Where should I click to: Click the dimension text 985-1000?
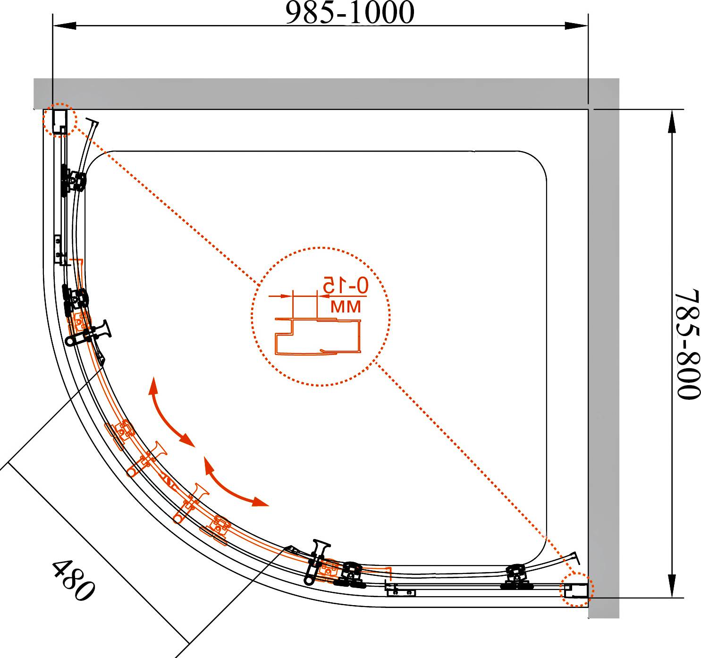[x=349, y=13]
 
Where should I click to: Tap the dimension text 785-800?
[x=687, y=344]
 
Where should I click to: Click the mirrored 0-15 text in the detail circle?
[x=346, y=285]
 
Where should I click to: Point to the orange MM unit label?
[x=346, y=307]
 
